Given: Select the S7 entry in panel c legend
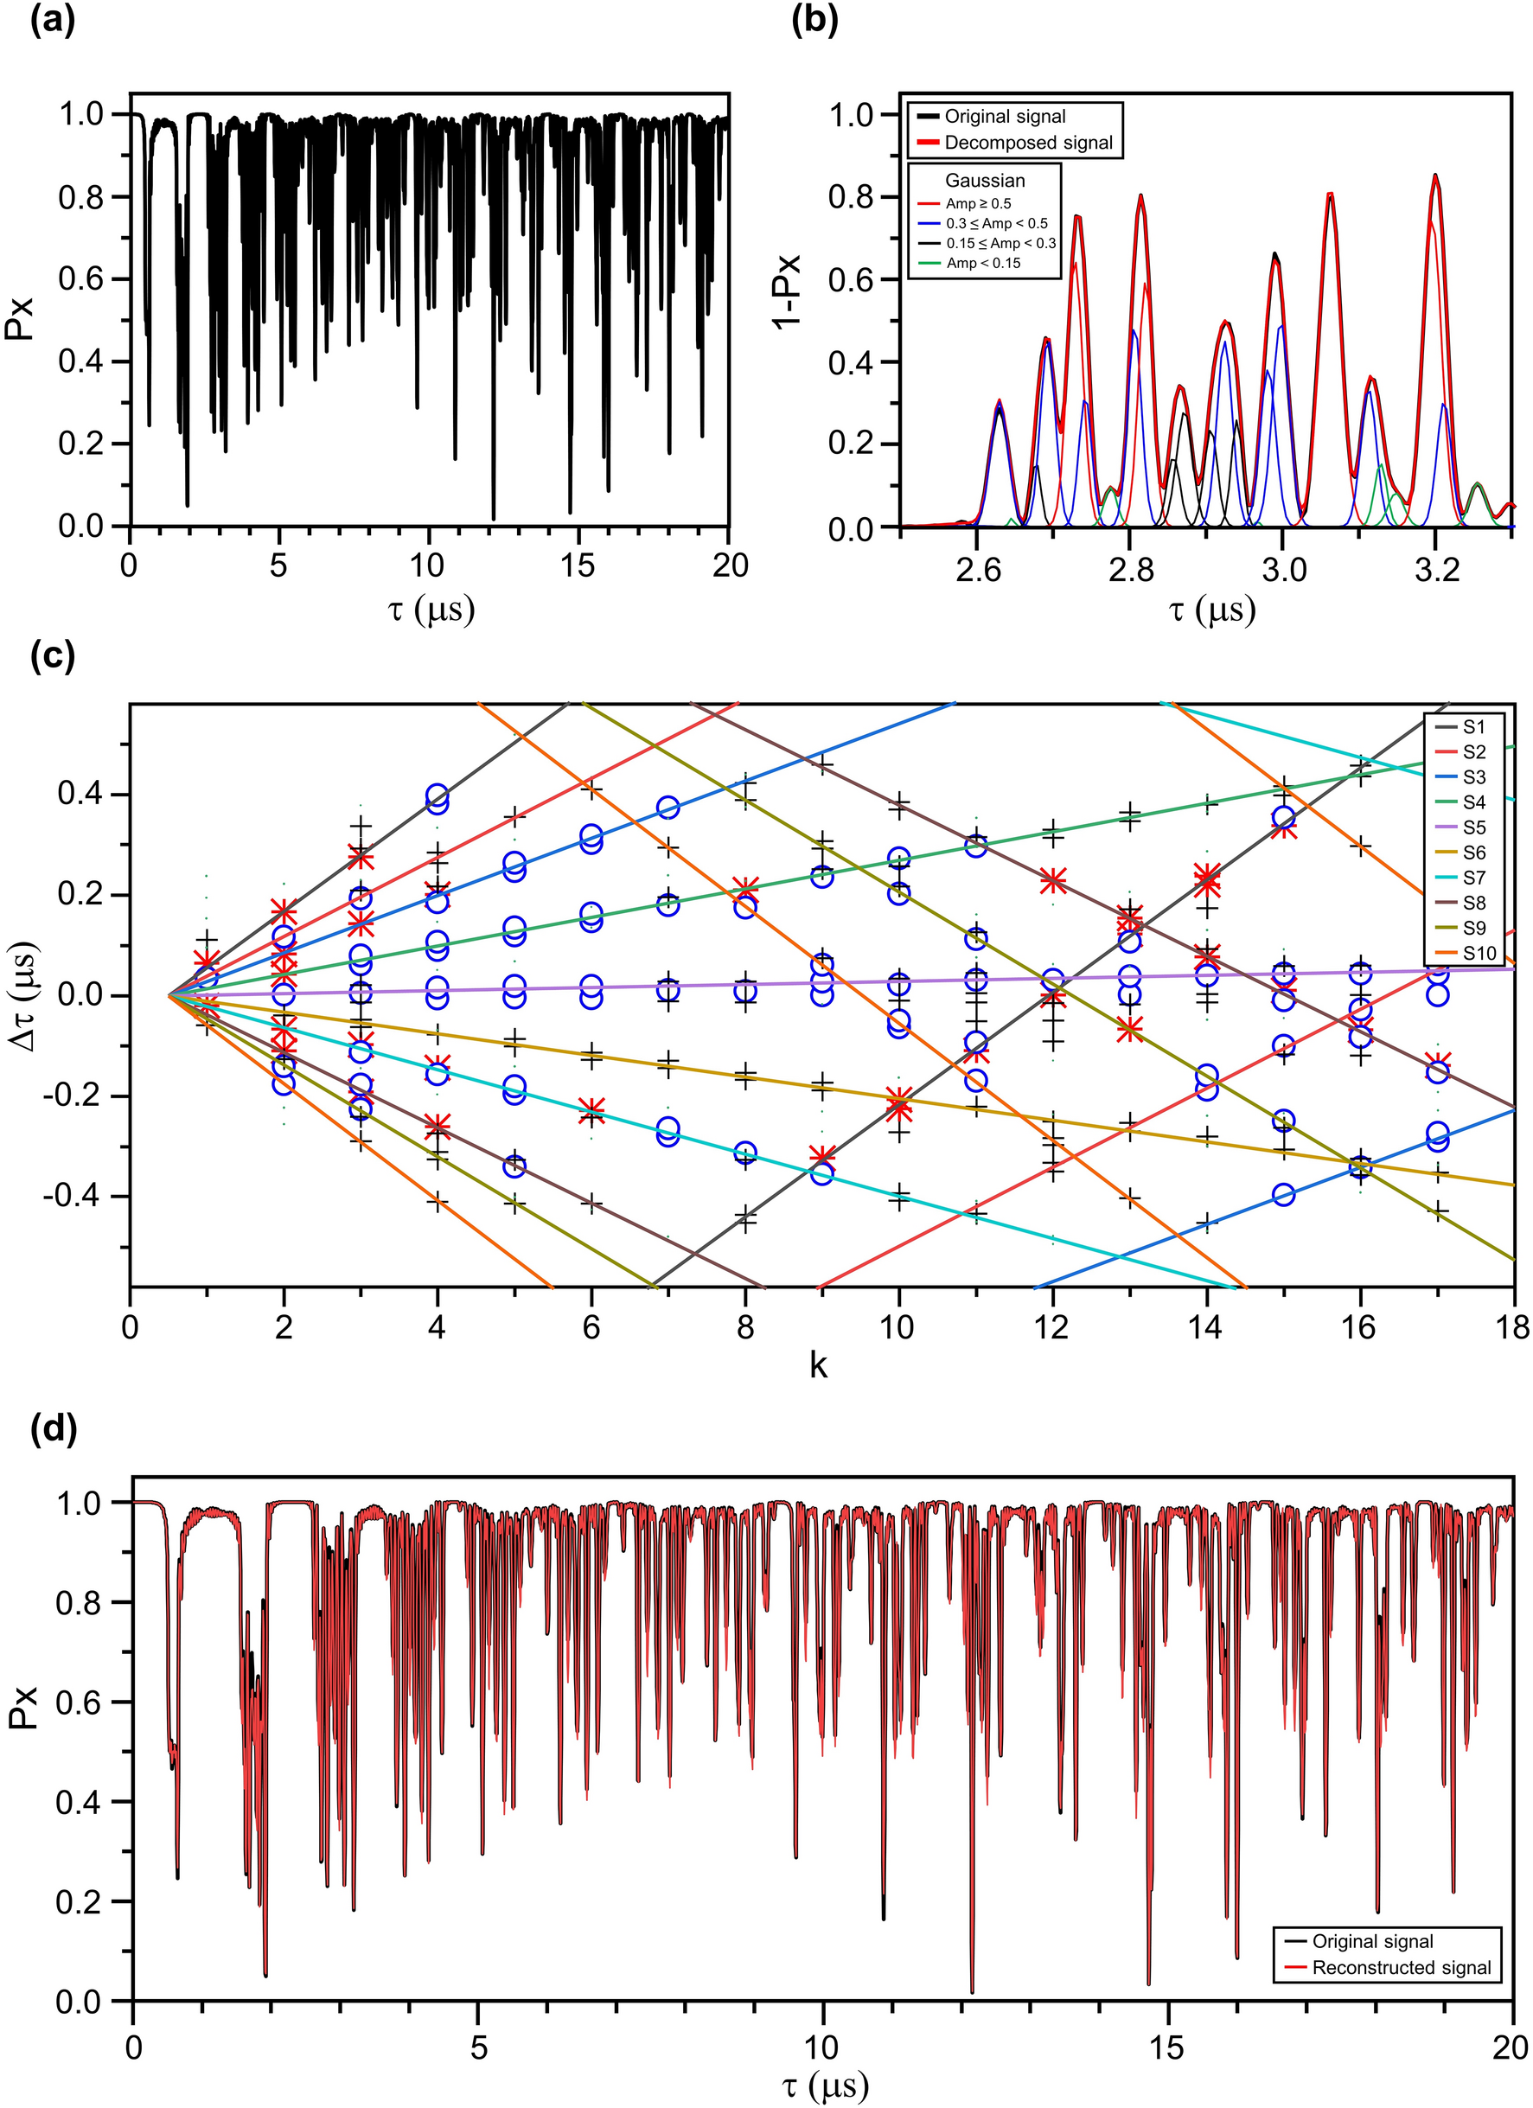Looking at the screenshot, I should (1473, 878).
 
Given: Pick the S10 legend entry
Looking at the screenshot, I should (1477, 953).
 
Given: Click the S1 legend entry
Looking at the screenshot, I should (1473, 727).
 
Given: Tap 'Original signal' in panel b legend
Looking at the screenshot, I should (1004, 116).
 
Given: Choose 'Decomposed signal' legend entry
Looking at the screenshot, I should (1027, 142).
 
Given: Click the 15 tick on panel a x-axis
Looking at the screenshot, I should (578, 566).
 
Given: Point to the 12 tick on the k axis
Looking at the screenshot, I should (1052, 1327).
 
